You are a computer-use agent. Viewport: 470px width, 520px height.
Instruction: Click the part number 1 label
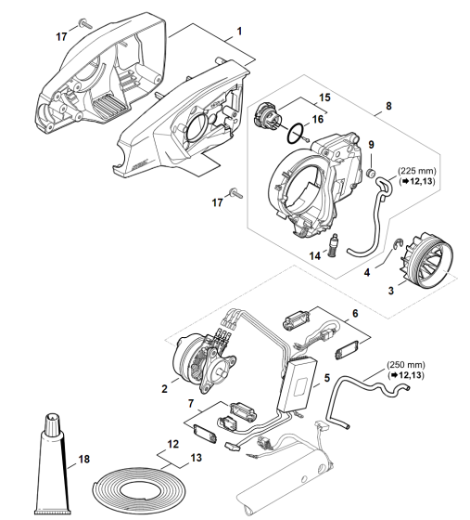239,32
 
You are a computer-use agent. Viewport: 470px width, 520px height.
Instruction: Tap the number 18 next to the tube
84,460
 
